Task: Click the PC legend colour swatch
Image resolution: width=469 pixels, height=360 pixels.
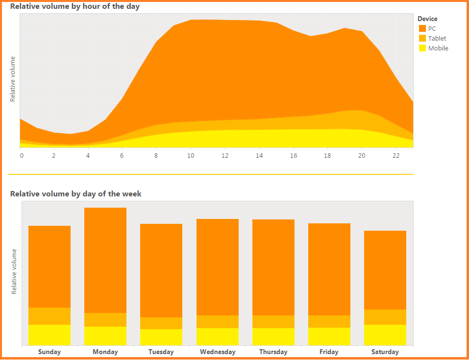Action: [422, 28]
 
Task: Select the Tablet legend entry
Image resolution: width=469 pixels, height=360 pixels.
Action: [437, 38]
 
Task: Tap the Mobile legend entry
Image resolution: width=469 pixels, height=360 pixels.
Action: [438, 48]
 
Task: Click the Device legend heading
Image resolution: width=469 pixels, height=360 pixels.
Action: [427, 19]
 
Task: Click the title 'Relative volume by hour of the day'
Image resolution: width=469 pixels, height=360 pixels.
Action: [75, 6]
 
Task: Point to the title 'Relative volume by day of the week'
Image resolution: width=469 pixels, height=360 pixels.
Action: [76, 193]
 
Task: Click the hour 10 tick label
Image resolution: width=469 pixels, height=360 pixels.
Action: [191, 156]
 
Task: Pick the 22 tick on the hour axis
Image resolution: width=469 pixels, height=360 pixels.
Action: [396, 156]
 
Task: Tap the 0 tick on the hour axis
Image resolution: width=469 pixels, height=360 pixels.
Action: [22, 156]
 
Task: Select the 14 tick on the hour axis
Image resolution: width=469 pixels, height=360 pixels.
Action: [259, 156]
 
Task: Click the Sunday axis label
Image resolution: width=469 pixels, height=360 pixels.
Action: [49, 352]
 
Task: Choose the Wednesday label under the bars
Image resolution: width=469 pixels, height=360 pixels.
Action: [218, 352]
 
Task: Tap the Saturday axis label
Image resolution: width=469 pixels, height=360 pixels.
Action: [385, 352]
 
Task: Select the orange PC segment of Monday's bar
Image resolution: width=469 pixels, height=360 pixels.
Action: [105, 260]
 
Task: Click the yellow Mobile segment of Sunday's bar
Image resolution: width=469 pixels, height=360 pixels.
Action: [49, 335]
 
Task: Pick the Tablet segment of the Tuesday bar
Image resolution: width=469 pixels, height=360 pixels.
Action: [161, 323]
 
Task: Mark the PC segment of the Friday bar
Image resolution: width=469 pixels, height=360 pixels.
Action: [329, 269]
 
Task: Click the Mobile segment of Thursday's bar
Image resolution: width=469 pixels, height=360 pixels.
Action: [273, 336]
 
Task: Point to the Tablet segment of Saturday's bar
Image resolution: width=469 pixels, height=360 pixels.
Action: [385, 317]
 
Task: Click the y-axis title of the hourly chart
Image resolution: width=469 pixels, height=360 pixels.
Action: [13, 79]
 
